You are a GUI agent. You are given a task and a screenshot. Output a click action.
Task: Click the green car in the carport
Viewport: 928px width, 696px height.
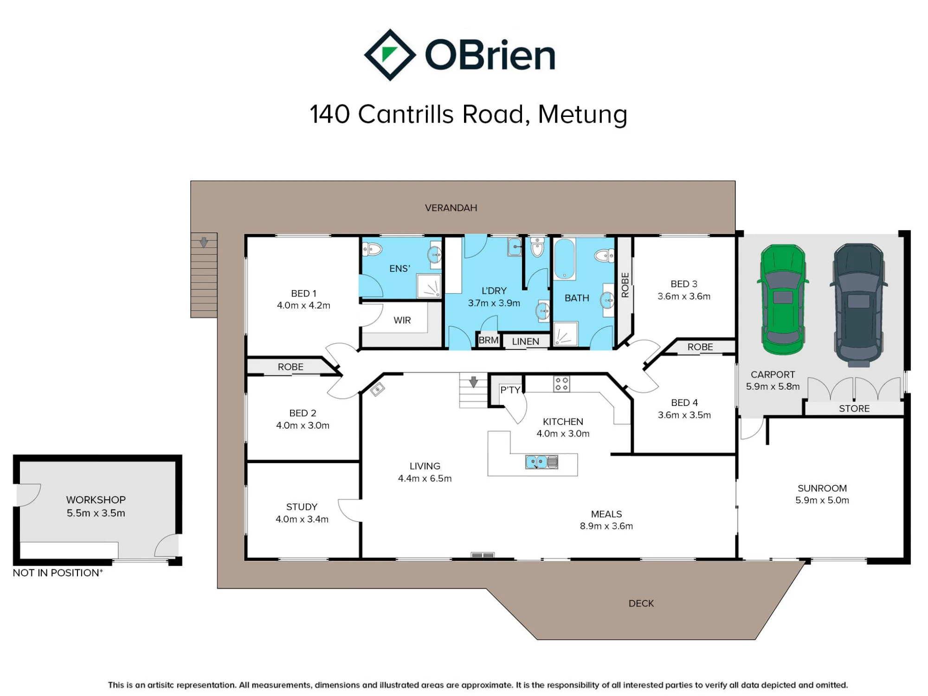[783, 299]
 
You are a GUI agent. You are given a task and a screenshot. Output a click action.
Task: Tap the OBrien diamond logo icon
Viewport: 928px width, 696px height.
[390, 55]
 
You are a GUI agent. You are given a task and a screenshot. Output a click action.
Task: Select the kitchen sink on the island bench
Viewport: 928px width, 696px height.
[541, 462]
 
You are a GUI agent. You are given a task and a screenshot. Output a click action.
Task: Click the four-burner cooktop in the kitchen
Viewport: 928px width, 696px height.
[561, 384]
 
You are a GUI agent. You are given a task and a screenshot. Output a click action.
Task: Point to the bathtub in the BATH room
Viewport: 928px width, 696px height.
[564, 259]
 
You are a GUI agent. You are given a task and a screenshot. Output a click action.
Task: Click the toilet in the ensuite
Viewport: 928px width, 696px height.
[372, 250]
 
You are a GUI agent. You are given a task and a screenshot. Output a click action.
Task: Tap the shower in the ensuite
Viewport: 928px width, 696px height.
[429, 286]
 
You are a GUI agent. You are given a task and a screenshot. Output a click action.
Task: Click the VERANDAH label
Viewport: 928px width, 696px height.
[451, 208]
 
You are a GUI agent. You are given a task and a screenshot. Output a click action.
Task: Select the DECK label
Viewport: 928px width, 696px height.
[641, 603]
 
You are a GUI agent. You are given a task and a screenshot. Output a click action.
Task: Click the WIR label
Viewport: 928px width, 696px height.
[402, 320]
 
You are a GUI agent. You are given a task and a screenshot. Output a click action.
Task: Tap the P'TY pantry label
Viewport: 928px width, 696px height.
[510, 390]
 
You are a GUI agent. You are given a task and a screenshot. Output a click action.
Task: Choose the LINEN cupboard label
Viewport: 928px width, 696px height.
[525, 342]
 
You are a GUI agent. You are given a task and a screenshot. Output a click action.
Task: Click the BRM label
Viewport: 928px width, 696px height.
[489, 340]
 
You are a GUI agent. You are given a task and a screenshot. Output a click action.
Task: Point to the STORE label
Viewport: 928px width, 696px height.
[854, 408]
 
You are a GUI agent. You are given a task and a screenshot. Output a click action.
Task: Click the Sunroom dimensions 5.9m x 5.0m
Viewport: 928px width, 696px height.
[822, 500]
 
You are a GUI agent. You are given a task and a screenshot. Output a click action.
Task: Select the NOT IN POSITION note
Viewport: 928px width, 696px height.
[58, 573]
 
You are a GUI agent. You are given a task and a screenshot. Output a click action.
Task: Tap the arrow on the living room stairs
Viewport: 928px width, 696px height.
[473, 381]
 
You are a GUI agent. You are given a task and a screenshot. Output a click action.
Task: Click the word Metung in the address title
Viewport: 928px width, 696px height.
[582, 114]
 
